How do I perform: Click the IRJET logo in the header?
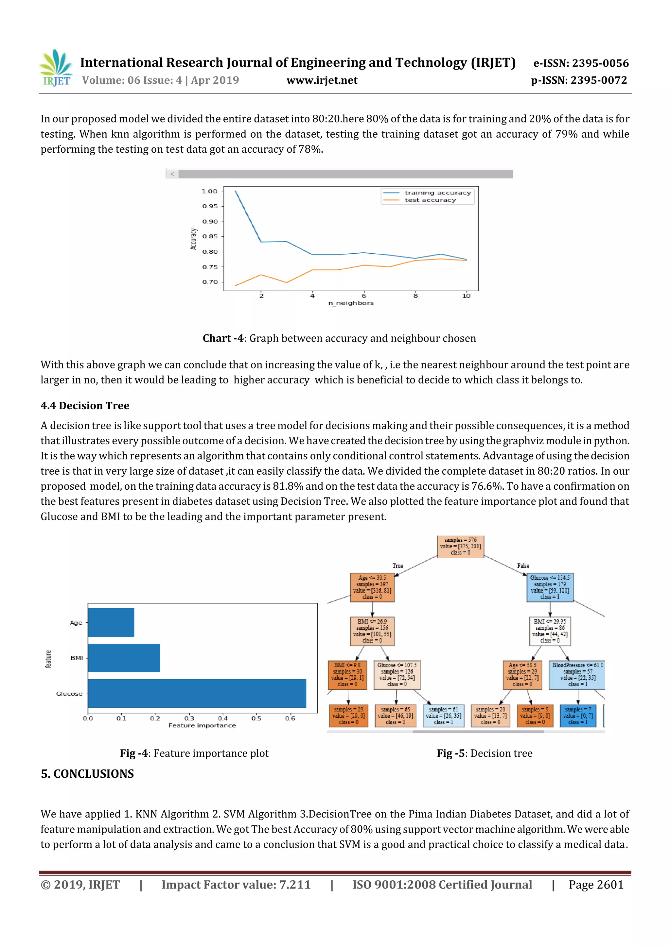click(x=56, y=68)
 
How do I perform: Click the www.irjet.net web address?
click(x=322, y=80)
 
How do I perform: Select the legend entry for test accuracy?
click(x=430, y=200)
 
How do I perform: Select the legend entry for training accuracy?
click(x=437, y=193)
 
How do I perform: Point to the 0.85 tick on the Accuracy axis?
click(x=210, y=236)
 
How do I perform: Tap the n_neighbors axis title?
click(x=351, y=303)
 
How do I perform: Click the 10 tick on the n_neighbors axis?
click(x=466, y=296)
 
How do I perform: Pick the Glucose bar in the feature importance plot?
click(x=197, y=693)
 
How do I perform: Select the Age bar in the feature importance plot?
click(x=111, y=622)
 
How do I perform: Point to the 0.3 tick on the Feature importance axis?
click(x=189, y=718)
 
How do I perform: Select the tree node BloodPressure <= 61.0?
click(x=577, y=674)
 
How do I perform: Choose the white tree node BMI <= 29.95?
click(x=550, y=631)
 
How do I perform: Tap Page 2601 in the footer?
click(x=596, y=884)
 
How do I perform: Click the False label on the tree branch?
click(x=523, y=566)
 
